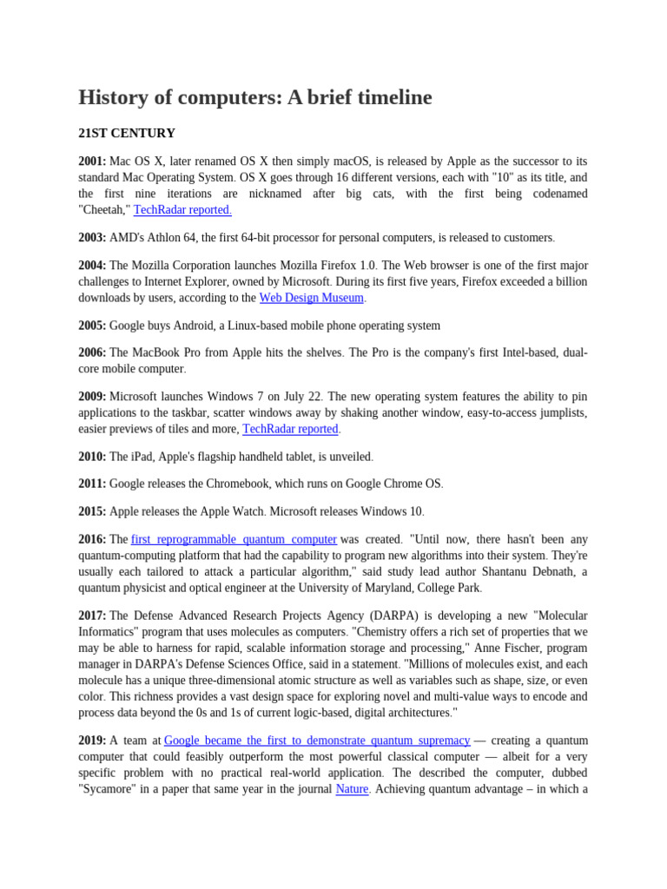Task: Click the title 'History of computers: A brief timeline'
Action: pyautogui.click(x=254, y=98)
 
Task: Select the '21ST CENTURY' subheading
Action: pyautogui.click(x=127, y=134)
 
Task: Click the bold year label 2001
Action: pyautogui.click(x=92, y=161)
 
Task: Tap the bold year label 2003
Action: pyautogui.click(x=92, y=237)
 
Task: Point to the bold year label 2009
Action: pyautogui.click(x=92, y=396)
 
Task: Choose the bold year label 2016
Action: pyautogui.click(x=92, y=539)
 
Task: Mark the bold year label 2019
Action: pyautogui.click(x=92, y=741)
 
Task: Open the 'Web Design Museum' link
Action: pyautogui.click(x=311, y=298)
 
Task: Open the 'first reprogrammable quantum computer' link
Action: pyautogui.click(x=234, y=539)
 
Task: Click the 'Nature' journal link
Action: pyautogui.click(x=352, y=789)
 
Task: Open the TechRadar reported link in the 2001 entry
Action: pyautogui.click(x=182, y=210)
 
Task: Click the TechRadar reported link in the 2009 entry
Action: pyautogui.click(x=290, y=429)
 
